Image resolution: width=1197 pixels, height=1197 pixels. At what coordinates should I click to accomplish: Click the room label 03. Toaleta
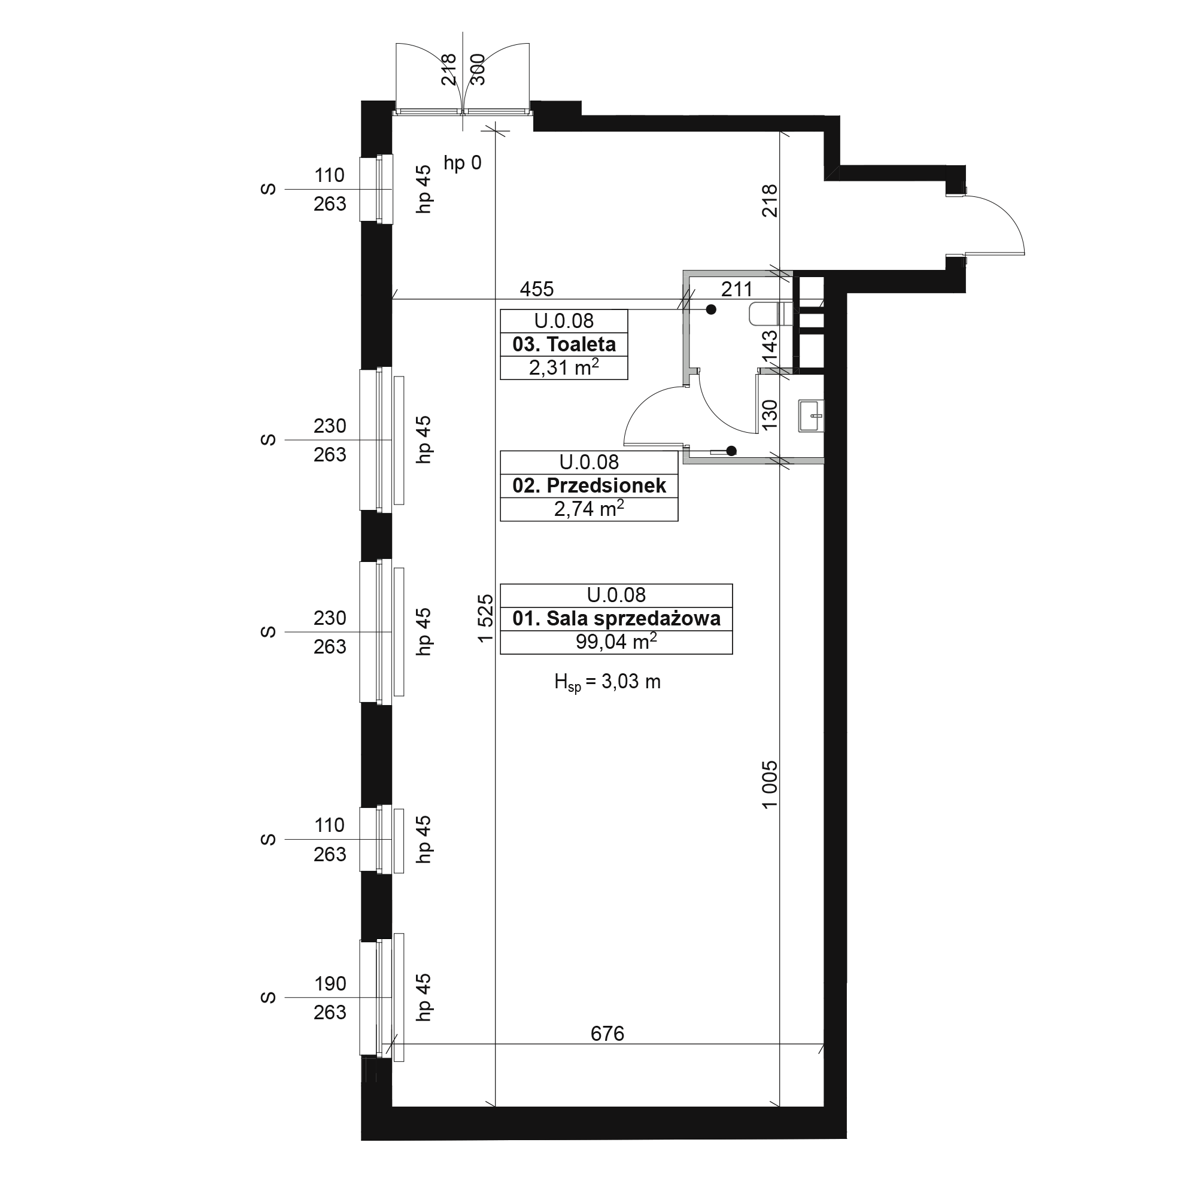(564, 345)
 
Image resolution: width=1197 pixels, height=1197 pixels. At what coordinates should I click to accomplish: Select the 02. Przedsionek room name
(589, 486)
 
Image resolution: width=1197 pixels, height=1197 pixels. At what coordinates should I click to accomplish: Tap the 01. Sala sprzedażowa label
(616, 618)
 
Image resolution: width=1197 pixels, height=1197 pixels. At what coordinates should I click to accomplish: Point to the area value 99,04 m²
(616, 641)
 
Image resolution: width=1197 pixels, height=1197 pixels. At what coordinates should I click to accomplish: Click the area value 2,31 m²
(564, 367)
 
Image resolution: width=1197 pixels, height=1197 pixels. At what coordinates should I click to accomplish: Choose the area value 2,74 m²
(589, 509)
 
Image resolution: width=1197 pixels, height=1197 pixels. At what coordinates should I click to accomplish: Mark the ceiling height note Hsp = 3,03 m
(607, 682)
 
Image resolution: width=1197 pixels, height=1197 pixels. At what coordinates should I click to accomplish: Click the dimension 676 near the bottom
(607, 1034)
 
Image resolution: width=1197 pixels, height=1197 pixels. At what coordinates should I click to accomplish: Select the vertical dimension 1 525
(486, 618)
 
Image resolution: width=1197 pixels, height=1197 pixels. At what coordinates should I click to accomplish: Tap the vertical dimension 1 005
(769, 785)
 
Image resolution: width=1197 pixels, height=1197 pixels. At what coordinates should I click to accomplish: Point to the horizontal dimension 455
(536, 289)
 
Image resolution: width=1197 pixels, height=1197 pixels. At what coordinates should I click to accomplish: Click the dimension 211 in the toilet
(737, 289)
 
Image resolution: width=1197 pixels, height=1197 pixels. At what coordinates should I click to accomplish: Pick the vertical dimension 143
(769, 348)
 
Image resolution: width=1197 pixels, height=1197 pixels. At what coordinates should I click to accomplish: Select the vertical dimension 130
(769, 415)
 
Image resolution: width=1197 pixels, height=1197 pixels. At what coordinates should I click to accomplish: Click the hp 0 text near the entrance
(462, 163)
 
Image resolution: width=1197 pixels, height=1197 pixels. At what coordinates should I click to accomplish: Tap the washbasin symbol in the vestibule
(811, 416)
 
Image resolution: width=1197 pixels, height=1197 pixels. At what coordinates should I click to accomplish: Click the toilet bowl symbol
(771, 314)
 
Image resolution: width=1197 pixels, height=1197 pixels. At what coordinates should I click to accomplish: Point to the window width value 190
(330, 984)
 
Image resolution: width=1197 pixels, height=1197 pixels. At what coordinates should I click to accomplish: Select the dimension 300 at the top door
(478, 69)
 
